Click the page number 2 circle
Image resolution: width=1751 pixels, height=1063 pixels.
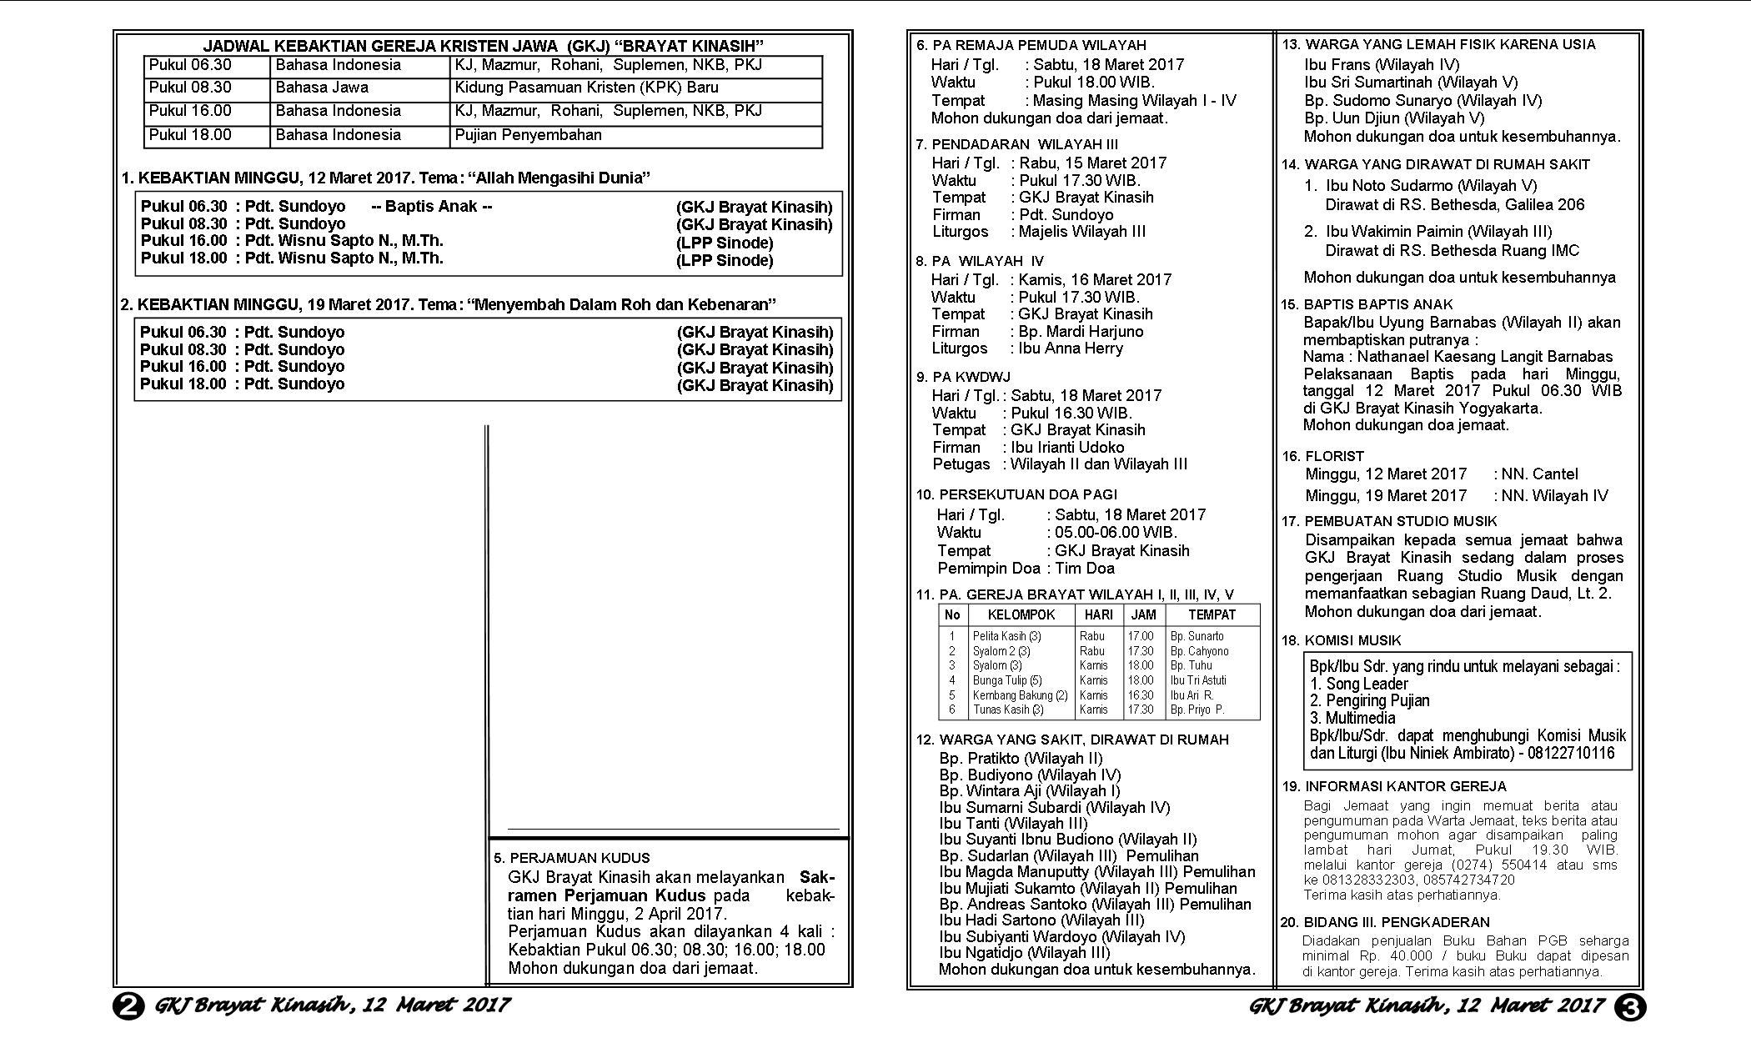(128, 1006)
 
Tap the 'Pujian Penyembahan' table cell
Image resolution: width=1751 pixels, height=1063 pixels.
(528, 135)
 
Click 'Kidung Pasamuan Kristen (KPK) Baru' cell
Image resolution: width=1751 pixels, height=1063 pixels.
(586, 88)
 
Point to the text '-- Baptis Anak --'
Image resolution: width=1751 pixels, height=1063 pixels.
(431, 206)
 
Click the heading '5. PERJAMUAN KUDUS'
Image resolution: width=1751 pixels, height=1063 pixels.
(571, 858)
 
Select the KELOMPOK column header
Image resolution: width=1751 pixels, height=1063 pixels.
(1021, 615)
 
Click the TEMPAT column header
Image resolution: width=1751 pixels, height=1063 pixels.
(1212, 615)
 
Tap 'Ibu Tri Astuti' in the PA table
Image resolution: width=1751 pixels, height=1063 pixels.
(1197, 680)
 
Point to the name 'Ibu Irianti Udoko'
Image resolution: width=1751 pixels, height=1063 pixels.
(1067, 447)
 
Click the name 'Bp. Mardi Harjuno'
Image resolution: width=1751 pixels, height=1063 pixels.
(1081, 331)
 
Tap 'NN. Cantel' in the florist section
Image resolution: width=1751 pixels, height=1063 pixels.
(1539, 474)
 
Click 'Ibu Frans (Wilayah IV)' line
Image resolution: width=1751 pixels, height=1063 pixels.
(1382, 64)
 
